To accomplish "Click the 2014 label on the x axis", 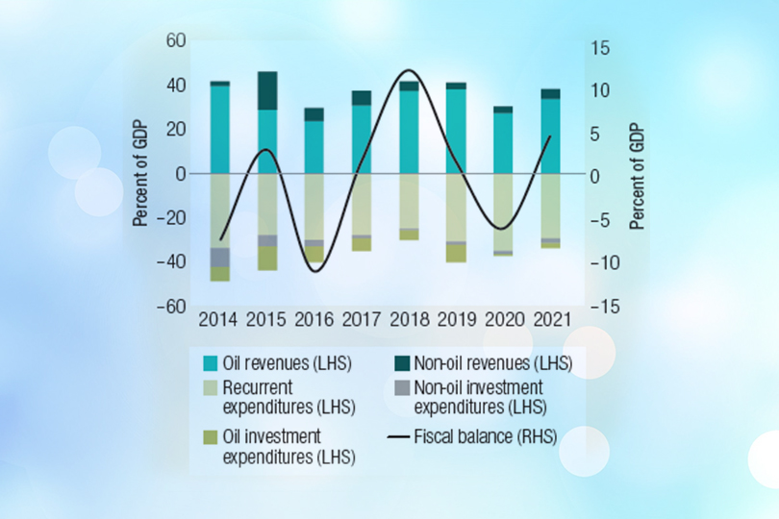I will (219, 318).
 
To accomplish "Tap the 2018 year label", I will (409, 318).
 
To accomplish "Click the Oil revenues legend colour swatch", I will (209, 363).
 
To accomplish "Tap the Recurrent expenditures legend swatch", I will (209, 389).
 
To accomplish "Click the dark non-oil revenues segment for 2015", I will (267, 90).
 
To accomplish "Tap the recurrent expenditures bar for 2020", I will (503, 211).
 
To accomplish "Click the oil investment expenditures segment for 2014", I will (220, 274).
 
